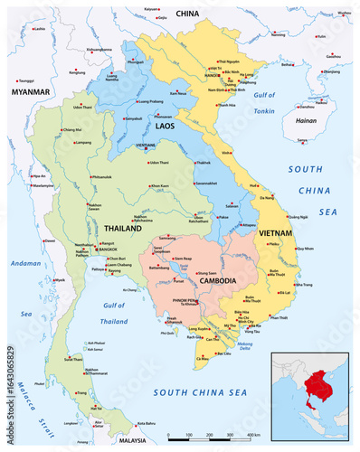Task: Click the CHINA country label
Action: (187, 14)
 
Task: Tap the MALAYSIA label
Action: (135, 440)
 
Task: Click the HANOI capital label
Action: (213, 76)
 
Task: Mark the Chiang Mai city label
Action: (71, 130)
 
